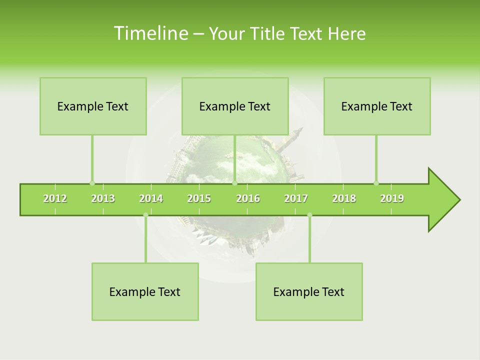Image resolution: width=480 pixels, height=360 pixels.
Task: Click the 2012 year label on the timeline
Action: (x=55, y=198)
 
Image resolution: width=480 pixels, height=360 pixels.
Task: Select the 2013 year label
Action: (x=103, y=198)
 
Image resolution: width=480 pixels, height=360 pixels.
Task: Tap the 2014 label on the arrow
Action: (x=151, y=198)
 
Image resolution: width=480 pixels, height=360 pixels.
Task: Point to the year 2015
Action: (x=199, y=198)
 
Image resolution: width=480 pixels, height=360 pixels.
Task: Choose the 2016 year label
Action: (x=248, y=198)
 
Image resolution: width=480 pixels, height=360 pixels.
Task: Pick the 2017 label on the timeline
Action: (x=296, y=198)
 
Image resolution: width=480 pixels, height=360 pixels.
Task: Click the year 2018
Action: (x=344, y=198)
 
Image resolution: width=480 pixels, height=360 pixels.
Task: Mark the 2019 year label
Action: (x=392, y=198)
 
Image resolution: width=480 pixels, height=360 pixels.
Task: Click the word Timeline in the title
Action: (x=149, y=33)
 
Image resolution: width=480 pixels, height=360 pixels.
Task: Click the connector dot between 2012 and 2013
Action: (x=92, y=183)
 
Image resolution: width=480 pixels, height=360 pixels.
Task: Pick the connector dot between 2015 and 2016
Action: (x=234, y=183)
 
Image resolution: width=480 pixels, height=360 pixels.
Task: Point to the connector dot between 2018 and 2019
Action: (x=376, y=183)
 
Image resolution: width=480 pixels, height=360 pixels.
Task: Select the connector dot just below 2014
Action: (x=145, y=215)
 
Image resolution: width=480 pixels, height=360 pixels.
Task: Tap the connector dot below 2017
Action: (x=309, y=215)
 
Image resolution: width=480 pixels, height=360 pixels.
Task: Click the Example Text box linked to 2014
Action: (x=145, y=291)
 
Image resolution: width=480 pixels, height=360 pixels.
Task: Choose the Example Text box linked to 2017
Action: (x=309, y=291)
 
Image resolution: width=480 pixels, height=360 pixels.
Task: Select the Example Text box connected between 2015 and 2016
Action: (x=235, y=106)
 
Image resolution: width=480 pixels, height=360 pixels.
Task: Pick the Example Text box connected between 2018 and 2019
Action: (x=377, y=106)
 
